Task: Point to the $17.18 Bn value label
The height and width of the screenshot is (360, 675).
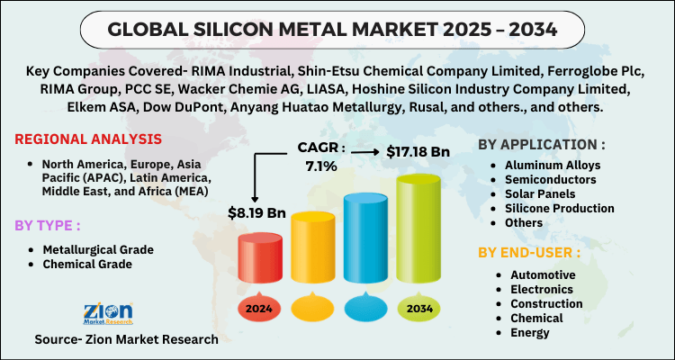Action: point(418,152)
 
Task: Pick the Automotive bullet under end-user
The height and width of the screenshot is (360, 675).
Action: point(544,274)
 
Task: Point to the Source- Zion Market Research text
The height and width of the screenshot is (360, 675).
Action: point(126,339)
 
